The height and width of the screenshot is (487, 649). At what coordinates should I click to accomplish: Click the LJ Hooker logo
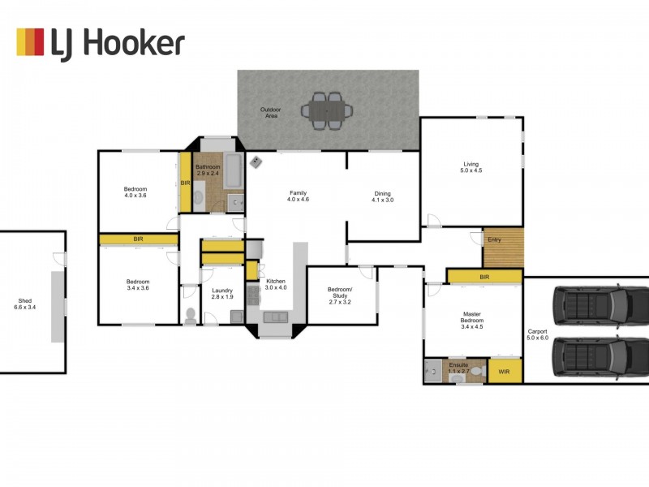(x=101, y=42)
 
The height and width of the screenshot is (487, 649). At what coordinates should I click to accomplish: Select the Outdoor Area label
(x=270, y=113)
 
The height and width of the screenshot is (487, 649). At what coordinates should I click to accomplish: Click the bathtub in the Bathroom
(x=233, y=171)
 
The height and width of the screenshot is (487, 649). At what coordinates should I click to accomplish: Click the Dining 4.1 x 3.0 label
(x=382, y=197)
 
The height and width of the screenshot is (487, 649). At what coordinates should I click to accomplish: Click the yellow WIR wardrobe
(x=505, y=371)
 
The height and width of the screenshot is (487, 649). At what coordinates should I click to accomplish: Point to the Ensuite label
(x=458, y=368)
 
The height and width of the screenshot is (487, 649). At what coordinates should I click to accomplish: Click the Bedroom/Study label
(x=340, y=294)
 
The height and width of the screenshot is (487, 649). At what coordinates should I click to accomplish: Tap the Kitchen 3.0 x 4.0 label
(x=277, y=284)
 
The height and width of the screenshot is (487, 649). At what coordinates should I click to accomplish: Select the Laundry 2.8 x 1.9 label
(x=221, y=294)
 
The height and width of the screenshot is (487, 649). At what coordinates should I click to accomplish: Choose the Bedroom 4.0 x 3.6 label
(x=135, y=192)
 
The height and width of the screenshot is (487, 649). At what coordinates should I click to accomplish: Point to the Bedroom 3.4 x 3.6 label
(x=136, y=285)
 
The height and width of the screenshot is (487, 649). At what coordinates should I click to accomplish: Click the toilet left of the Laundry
(x=190, y=316)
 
